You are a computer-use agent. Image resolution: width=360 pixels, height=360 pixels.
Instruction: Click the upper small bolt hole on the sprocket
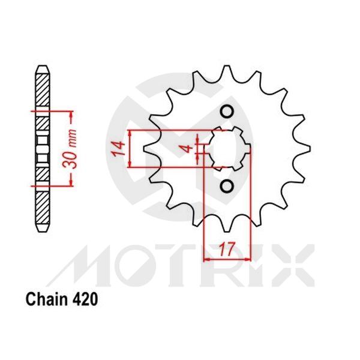tap(227, 112)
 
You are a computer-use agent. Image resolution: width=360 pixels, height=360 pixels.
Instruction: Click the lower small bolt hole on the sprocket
tap(227, 186)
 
